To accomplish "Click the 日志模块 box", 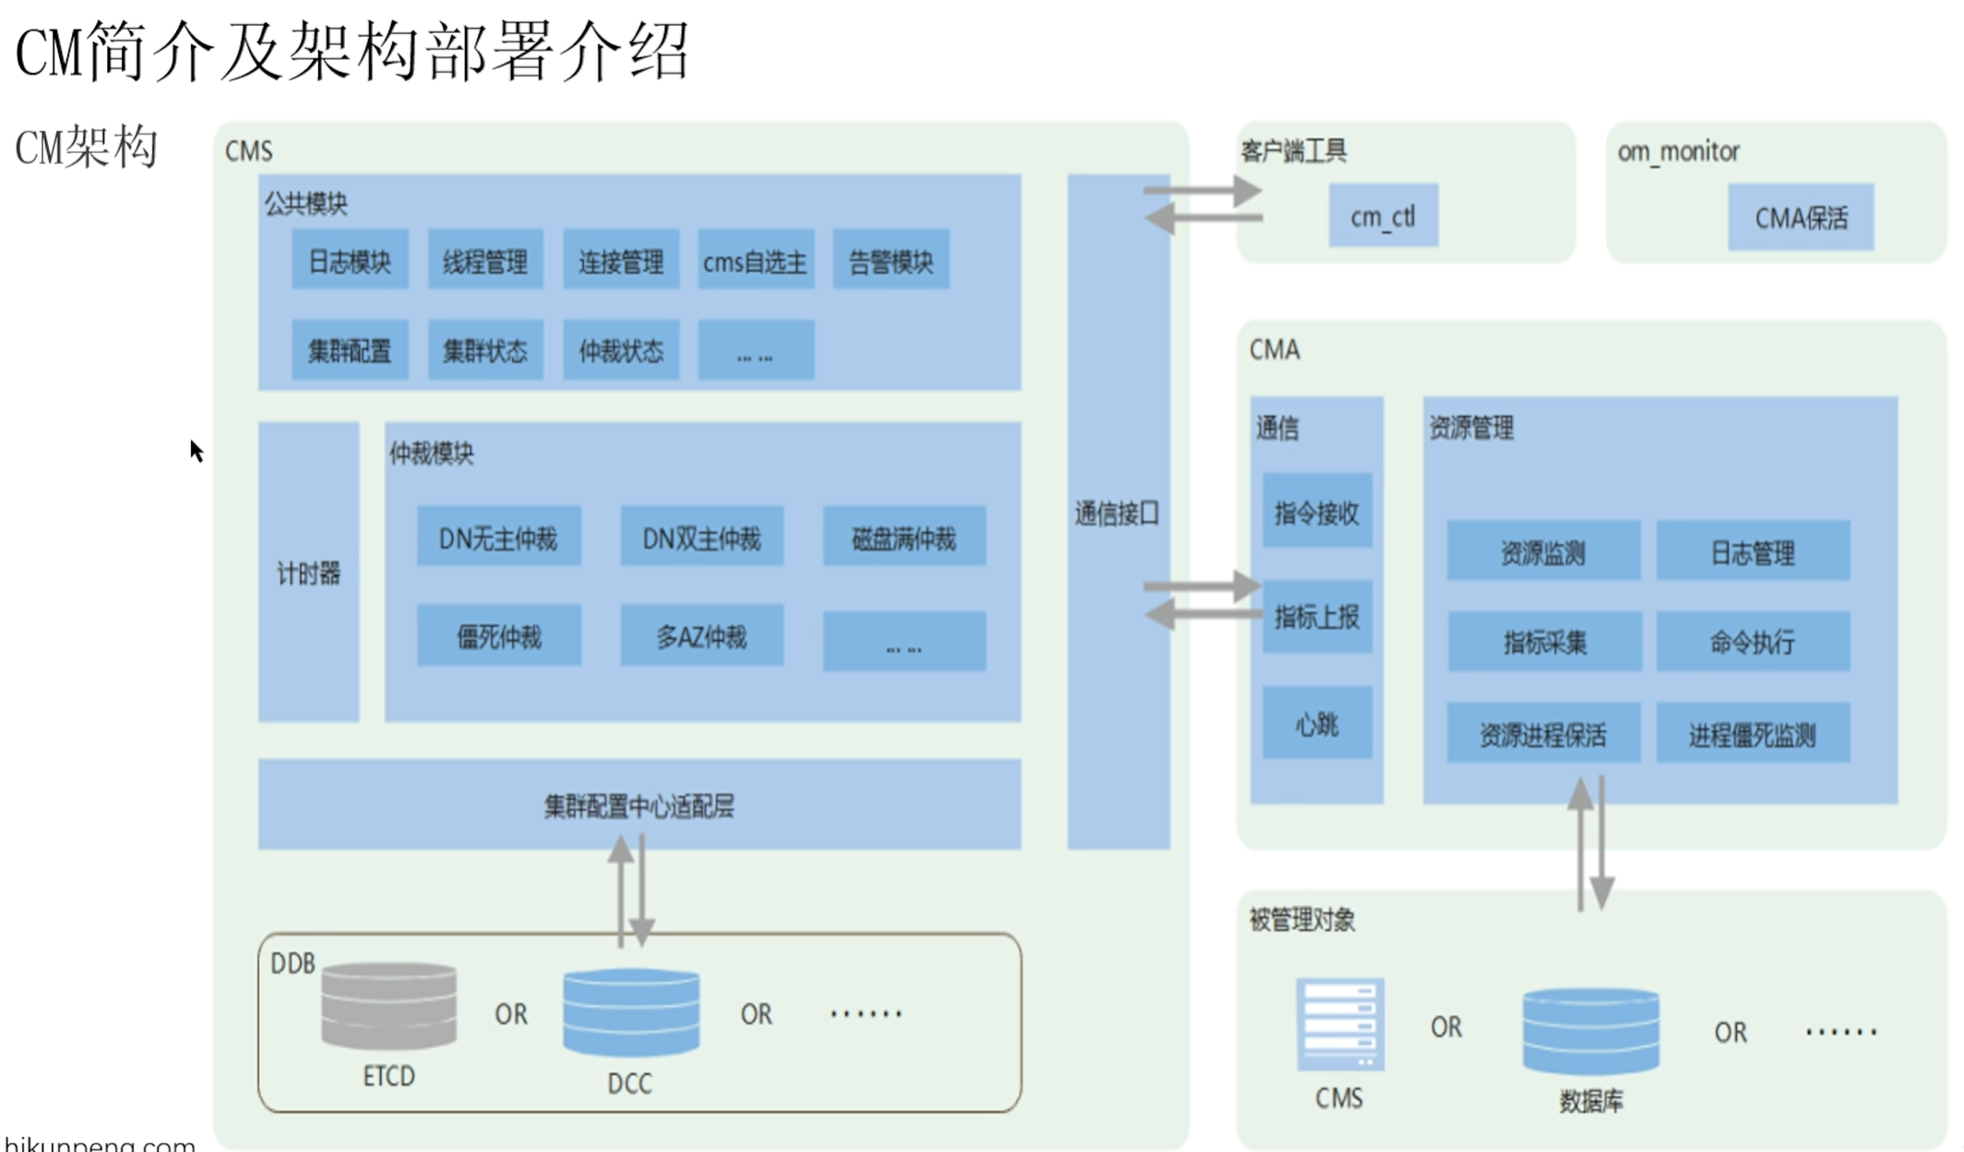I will [350, 261].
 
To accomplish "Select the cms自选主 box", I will [756, 261].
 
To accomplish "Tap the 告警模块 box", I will [890, 261].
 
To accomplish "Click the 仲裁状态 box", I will [621, 350].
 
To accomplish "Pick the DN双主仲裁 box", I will [701, 538].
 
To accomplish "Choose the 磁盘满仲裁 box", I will [903, 538].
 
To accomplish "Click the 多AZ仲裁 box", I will [701, 636].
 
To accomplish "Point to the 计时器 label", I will [308, 574].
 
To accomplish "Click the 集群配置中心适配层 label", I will [638, 806].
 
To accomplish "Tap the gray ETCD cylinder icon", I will [388, 1005].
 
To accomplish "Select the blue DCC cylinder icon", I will [631, 1012].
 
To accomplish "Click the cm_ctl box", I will [1382, 217].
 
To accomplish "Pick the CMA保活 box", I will [1800, 218].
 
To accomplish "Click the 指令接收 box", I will [1316, 512].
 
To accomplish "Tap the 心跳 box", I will [1316, 724].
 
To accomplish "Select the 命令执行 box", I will [1752, 641].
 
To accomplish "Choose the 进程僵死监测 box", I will [1752, 734].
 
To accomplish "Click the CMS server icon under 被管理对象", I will [1339, 1024].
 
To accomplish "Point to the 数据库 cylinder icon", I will [1590, 1031].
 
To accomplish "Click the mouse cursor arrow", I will [196, 450].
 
